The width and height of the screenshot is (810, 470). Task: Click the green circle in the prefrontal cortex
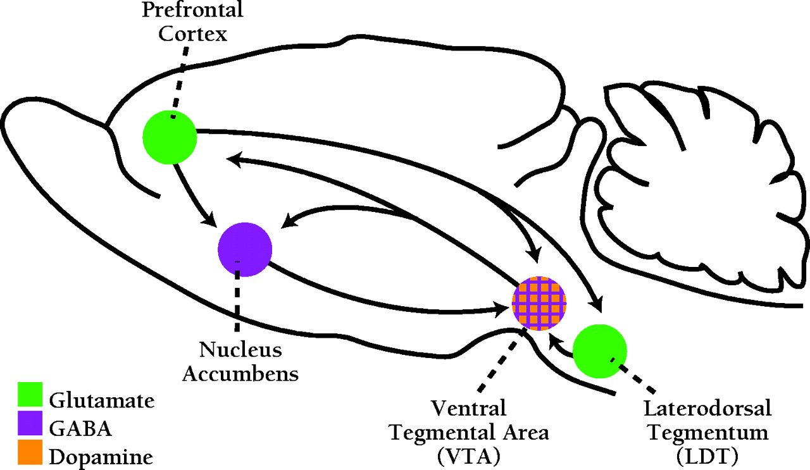[170, 137]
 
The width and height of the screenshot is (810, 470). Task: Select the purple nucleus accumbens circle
[245, 249]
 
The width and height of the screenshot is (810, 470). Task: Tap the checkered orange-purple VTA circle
[539, 304]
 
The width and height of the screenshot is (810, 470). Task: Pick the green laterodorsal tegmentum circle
[599, 352]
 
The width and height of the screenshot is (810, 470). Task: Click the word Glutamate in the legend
[102, 400]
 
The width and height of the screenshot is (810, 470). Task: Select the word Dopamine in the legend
[101, 457]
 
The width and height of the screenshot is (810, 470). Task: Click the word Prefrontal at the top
[192, 11]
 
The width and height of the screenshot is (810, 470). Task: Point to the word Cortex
[192, 34]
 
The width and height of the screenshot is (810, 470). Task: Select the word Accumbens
[240, 373]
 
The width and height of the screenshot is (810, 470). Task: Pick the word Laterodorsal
[707, 409]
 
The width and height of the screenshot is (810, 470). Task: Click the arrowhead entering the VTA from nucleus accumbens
[505, 309]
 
